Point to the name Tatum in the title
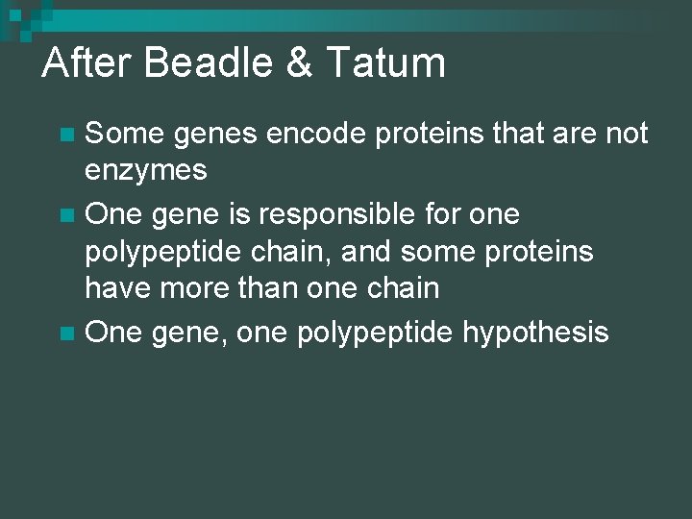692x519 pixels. (x=386, y=63)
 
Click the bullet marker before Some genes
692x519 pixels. (x=65, y=134)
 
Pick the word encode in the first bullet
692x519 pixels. (x=318, y=134)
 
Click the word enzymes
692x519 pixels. (x=146, y=171)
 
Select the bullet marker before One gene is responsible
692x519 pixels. (x=65, y=214)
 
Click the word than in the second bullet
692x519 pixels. (x=273, y=287)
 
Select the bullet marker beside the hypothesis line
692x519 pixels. (x=65, y=334)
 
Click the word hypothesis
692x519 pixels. (x=535, y=333)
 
